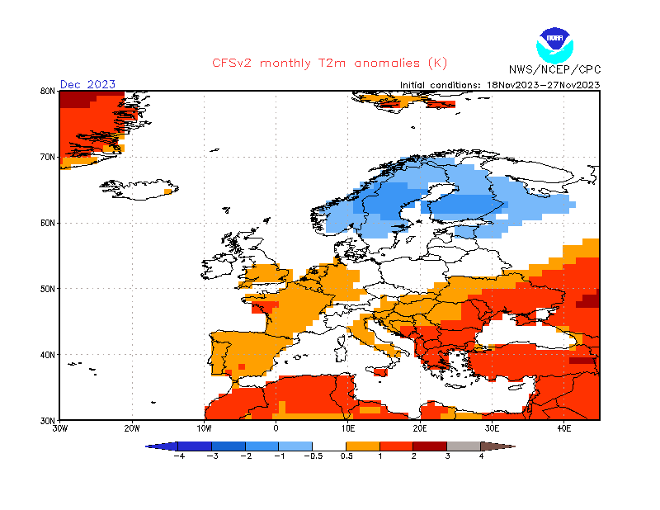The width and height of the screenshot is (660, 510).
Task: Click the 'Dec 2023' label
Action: (x=87, y=84)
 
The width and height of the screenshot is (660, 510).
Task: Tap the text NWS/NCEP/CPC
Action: (x=554, y=69)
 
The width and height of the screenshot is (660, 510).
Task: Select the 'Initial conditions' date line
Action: (x=499, y=84)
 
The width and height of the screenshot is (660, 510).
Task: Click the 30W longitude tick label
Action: (x=59, y=428)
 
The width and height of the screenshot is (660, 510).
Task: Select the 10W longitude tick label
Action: (x=204, y=428)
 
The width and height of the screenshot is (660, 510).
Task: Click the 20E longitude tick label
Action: (x=420, y=428)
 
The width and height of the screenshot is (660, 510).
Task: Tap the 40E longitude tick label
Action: (x=564, y=428)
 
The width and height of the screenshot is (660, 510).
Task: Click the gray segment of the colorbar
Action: (x=464, y=446)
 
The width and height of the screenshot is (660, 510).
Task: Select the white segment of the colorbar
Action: (x=329, y=446)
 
